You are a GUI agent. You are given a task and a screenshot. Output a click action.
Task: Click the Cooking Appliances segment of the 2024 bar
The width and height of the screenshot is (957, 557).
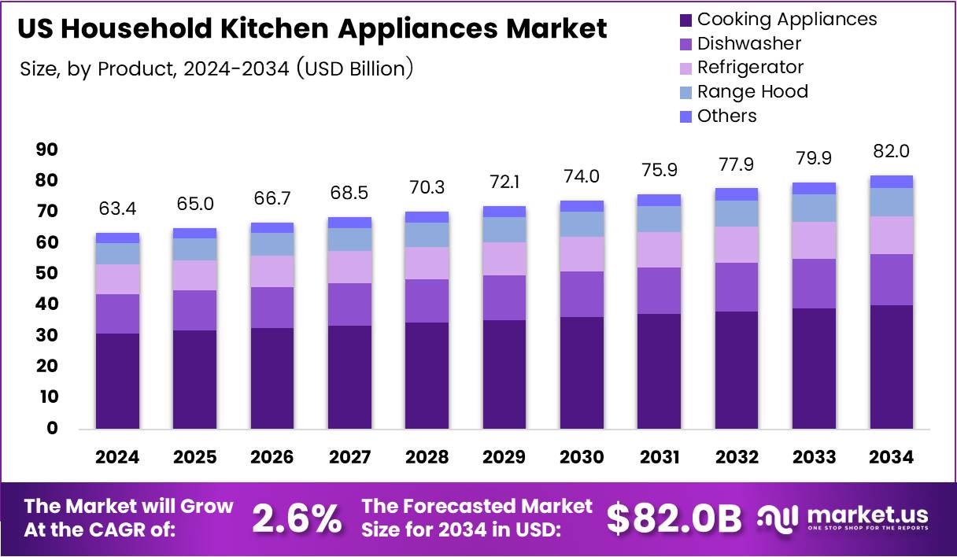(117, 381)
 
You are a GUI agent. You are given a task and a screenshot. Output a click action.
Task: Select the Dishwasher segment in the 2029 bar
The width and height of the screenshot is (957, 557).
(504, 297)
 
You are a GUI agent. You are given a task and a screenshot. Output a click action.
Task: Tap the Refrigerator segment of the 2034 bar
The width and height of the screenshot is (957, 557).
(891, 235)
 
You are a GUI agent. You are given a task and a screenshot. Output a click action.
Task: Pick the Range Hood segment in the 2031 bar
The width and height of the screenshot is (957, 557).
(659, 219)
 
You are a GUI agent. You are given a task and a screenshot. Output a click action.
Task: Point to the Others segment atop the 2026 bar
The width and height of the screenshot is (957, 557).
(272, 227)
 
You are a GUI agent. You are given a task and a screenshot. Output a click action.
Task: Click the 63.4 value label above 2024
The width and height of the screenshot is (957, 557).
(117, 208)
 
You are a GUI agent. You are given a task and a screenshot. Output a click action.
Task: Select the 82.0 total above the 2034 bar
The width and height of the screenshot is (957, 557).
(891, 151)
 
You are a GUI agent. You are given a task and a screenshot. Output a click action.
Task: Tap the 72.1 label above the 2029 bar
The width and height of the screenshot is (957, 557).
(504, 182)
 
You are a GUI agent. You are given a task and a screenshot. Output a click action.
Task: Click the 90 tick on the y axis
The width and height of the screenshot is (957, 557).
(47, 149)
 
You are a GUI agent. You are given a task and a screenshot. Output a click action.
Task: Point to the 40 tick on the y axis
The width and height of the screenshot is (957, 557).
(47, 304)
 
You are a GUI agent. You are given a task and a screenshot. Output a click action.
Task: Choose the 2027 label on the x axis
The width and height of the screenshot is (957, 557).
(349, 457)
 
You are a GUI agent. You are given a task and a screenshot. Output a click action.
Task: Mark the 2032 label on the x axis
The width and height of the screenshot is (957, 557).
(737, 457)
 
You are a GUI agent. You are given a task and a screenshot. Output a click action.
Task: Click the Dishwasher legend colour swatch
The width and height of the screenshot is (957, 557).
(685, 43)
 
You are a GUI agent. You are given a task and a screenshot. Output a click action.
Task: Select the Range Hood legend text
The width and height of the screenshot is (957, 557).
(752, 91)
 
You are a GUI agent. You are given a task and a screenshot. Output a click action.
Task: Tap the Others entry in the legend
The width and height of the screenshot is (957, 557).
(726, 116)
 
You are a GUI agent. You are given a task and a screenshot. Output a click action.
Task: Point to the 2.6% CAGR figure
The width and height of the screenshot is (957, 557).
(297, 518)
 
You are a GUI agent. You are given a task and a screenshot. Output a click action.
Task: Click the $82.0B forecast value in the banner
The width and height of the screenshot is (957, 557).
(674, 518)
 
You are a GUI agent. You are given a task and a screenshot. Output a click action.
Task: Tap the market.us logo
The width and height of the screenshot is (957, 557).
(843, 518)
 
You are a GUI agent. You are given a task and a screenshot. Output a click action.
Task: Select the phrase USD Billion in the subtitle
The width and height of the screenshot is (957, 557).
(353, 69)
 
